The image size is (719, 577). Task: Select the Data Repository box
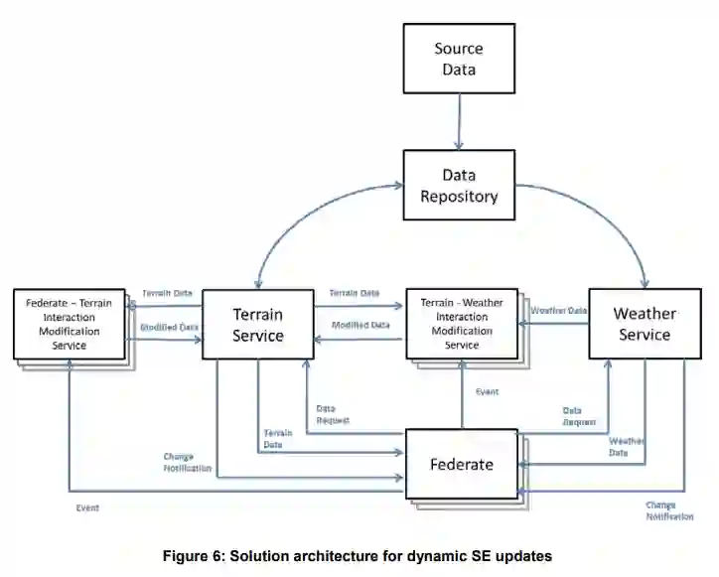tap(458, 186)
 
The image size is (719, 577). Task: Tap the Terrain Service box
tap(257, 325)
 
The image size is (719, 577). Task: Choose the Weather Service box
tap(645, 324)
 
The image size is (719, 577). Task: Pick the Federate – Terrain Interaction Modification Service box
tap(70, 324)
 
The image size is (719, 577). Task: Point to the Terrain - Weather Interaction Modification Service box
tap(462, 324)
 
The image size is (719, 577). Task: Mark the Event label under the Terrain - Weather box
tap(487, 392)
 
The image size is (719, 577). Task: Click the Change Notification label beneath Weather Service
tap(667, 510)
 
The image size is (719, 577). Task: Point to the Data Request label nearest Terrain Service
tap(332, 414)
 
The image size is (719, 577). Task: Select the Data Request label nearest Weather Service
tap(579, 416)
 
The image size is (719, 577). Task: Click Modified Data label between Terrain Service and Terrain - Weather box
tap(360, 325)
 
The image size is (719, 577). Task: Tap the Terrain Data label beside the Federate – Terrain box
tap(167, 294)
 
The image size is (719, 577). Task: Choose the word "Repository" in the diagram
tap(458, 196)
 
